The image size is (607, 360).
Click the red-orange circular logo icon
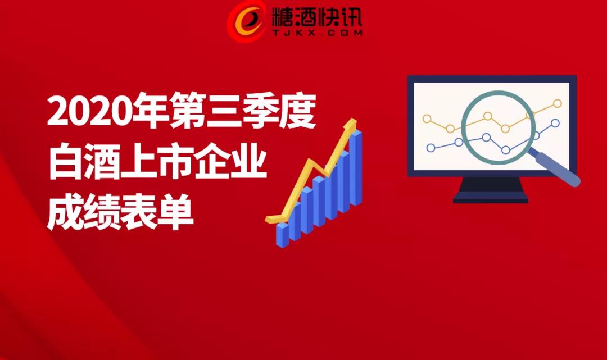(x=247, y=21)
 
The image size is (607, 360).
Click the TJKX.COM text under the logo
(x=317, y=33)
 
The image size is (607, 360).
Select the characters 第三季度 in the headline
(x=243, y=111)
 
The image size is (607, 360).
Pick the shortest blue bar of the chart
(x=282, y=234)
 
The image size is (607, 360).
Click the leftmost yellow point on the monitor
(x=427, y=119)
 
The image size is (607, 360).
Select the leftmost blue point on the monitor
(x=431, y=148)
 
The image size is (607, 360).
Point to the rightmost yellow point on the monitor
(x=558, y=103)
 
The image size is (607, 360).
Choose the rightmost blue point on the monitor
(x=555, y=124)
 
